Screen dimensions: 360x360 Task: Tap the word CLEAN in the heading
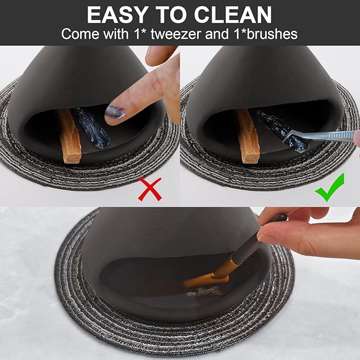coord(233,15)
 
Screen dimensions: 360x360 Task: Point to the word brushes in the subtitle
coord(272,34)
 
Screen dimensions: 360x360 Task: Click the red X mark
coord(150,189)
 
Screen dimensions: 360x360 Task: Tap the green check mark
coord(330,187)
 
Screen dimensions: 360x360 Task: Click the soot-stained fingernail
coord(115,112)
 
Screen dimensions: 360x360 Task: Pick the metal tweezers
coord(320,136)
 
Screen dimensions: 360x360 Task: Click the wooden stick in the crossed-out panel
coord(69,136)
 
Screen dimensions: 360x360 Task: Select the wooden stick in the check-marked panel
coord(248,136)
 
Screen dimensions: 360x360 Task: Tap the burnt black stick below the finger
coord(93,128)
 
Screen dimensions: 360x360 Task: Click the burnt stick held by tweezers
coord(282,130)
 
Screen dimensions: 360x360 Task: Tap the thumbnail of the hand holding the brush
coord(262,236)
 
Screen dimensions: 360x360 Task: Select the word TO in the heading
coord(171,15)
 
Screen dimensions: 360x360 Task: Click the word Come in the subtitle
coord(81,34)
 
